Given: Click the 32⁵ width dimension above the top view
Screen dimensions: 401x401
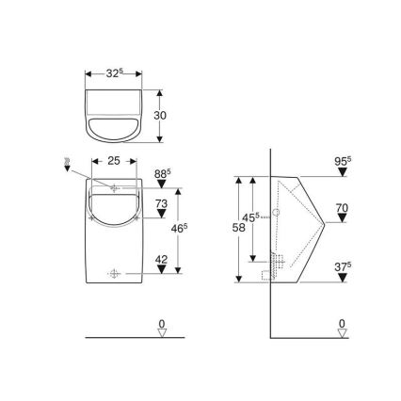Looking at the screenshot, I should click(114, 72).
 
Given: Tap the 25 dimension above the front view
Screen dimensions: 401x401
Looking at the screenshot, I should click(114, 161).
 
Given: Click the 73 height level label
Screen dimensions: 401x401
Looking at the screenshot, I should click(161, 203).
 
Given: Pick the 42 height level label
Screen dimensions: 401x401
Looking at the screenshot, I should click(161, 258).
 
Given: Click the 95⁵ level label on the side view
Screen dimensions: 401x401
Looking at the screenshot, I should click(343, 160).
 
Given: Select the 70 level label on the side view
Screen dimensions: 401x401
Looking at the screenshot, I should click(342, 208).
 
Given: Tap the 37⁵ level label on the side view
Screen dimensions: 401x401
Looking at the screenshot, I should click(343, 265).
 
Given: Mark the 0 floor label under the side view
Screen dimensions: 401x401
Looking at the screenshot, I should click(342, 323).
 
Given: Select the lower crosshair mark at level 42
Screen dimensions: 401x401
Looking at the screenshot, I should click(115, 274).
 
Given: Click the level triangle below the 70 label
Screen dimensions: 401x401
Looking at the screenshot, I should click(342, 221).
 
